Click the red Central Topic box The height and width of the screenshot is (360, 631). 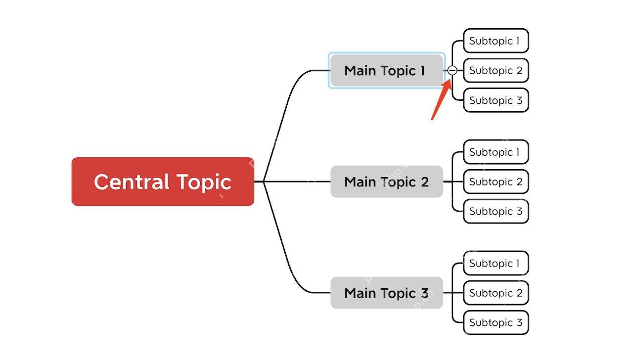(163, 181)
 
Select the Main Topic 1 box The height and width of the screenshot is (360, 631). (387, 70)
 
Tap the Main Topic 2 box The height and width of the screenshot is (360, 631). (387, 181)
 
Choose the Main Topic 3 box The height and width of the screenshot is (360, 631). (387, 293)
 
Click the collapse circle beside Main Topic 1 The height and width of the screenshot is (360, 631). (452, 70)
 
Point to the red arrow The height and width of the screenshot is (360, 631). (442, 100)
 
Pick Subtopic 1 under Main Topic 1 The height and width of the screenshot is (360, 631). (496, 41)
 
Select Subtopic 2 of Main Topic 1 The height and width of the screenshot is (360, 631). (496, 70)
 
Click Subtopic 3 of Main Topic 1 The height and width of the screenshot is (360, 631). (496, 100)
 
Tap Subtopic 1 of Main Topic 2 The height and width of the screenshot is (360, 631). (496, 152)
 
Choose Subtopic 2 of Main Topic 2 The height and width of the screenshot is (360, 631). (496, 181)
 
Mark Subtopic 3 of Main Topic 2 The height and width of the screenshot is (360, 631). (496, 211)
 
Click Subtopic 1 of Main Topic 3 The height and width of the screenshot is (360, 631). (496, 264)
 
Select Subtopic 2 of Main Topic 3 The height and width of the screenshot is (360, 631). (496, 293)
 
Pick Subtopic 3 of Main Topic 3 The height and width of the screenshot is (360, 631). (496, 322)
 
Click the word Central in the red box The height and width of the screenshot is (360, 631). (132, 181)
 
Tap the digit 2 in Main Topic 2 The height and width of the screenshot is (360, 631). (425, 182)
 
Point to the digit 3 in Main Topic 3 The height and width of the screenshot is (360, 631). (425, 293)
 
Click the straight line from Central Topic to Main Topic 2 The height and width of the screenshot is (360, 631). (292, 181)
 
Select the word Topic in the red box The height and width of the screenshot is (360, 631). (204, 183)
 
